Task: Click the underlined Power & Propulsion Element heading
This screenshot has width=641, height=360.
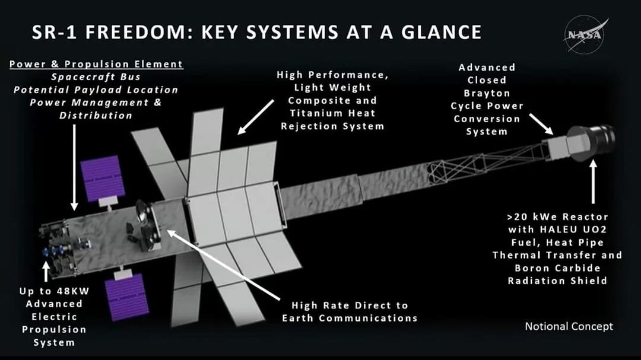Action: [x=96, y=64]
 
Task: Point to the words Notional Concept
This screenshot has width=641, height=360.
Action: [x=569, y=326]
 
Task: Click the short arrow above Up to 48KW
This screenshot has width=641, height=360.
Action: [x=46, y=272]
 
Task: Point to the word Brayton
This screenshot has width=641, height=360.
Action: [x=487, y=93]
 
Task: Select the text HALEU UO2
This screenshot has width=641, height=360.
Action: [x=559, y=229]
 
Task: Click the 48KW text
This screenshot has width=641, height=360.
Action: [x=66, y=291]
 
